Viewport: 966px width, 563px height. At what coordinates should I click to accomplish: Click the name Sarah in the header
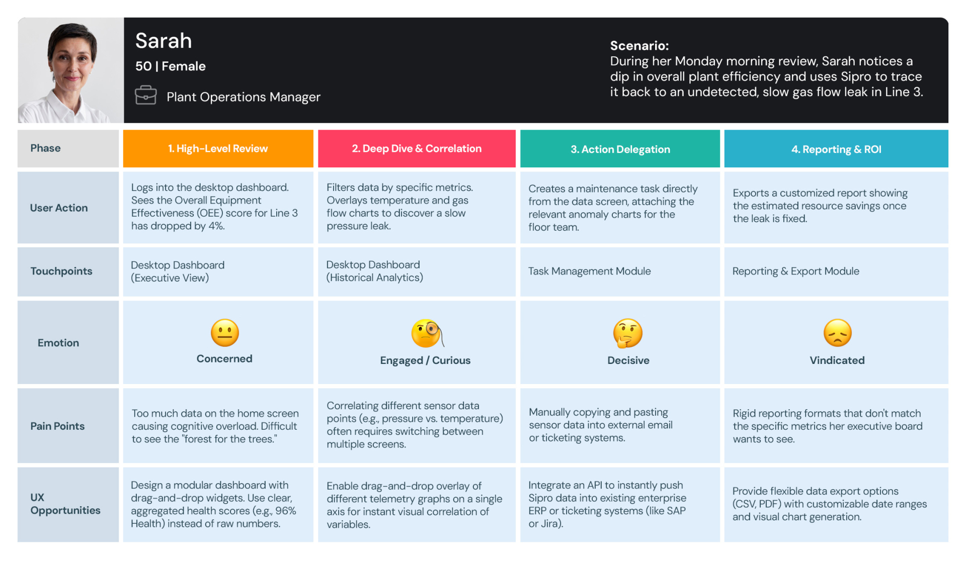164,41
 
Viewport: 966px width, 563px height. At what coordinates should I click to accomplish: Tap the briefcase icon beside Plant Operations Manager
146,95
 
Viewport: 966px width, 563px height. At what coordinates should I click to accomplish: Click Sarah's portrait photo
70,70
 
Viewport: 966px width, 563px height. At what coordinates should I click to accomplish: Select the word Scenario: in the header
639,46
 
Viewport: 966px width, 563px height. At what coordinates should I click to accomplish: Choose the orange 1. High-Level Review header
218,149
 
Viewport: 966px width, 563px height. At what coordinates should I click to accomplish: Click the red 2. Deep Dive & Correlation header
417,149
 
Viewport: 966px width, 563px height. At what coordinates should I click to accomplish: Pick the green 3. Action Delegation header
620,149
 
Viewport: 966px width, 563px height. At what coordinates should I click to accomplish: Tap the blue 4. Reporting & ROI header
836,149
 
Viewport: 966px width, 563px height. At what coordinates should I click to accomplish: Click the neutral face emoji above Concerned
224,333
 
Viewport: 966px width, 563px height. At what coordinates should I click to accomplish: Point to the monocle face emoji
427,333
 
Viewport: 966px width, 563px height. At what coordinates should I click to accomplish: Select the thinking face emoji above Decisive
627,333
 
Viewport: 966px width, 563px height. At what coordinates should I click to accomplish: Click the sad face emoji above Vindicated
837,333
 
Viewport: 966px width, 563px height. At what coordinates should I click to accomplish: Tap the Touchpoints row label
61,271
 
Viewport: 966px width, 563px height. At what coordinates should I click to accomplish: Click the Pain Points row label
57,426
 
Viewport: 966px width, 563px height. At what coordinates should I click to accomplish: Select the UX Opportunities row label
65,504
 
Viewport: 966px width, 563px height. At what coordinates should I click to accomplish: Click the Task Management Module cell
589,271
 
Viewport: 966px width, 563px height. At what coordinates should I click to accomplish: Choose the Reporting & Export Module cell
795,271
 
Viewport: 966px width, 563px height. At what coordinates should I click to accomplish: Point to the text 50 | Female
170,66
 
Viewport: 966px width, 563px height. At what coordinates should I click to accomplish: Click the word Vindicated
837,360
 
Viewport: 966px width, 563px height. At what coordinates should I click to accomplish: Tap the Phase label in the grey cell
45,148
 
